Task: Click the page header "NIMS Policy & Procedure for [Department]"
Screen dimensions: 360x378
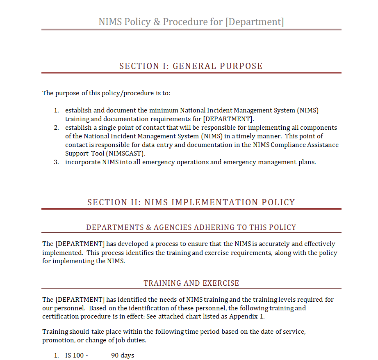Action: pyautogui.click(x=191, y=21)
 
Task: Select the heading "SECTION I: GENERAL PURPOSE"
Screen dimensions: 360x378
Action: pyautogui.click(x=191, y=66)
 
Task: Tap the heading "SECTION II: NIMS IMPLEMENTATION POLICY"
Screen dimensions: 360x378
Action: pyautogui.click(x=191, y=202)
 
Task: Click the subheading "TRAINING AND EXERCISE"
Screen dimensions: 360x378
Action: pyautogui.click(x=191, y=283)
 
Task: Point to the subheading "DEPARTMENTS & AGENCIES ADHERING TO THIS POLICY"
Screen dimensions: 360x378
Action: pyautogui.click(x=191, y=227)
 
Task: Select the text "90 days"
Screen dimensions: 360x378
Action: pyautogui.click(x=123, y=355)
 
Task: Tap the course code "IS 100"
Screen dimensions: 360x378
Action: pyautogui.click(x=74, y=355)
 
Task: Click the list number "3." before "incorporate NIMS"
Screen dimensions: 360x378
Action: pyautogui.click(x=57, y=162)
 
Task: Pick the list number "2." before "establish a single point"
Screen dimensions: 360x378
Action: pyautogui.click(x=57, y=127)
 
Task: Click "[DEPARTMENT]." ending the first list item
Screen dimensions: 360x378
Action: pyautogui.click(x=228, y=119)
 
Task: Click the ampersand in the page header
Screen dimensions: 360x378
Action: pyautogui.click(x=157, y=21)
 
